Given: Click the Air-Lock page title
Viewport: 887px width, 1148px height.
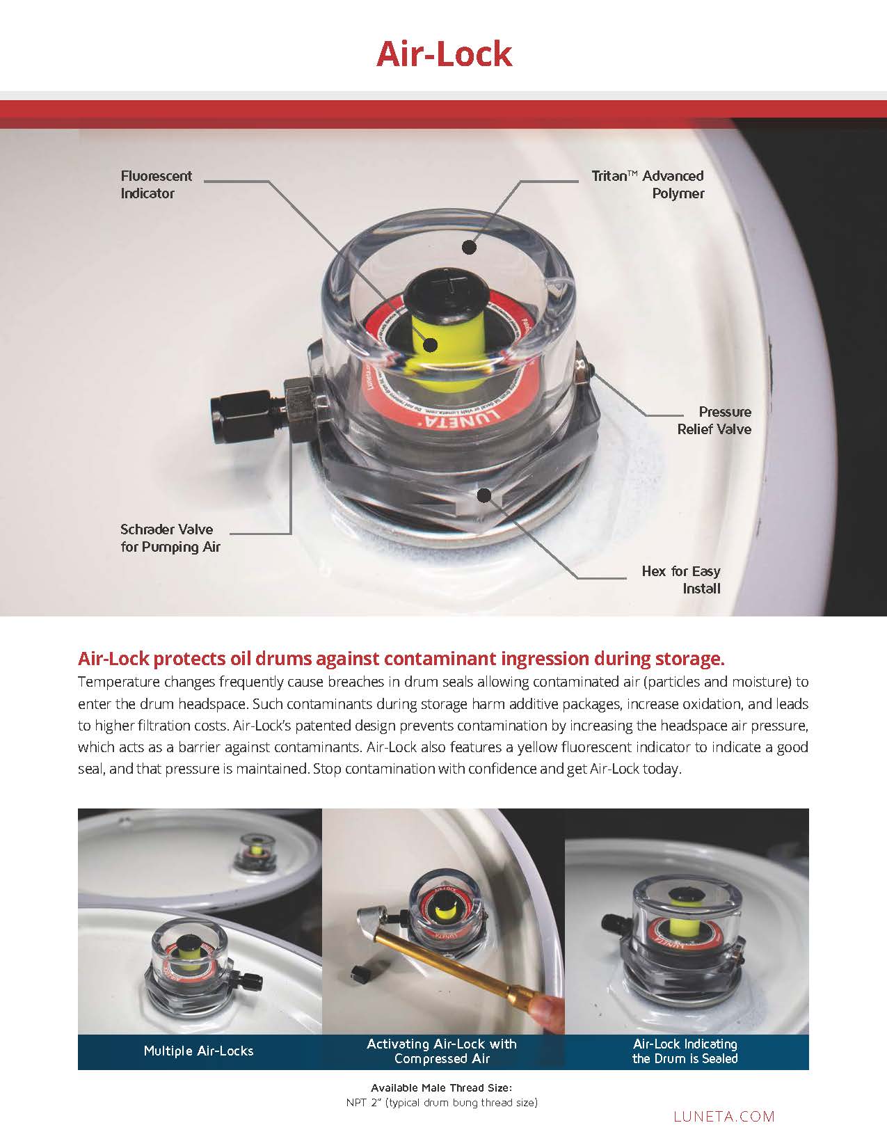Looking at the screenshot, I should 444,54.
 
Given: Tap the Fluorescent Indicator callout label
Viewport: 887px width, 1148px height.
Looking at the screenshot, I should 156,184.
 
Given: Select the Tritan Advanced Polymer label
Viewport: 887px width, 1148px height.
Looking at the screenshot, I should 648,184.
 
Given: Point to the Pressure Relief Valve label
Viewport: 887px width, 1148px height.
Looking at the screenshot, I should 714,420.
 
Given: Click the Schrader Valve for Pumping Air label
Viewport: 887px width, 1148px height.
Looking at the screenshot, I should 170,538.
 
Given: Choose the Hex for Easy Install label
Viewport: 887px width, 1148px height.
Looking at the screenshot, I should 681,580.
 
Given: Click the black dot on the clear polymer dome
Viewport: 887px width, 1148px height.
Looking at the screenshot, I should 470,246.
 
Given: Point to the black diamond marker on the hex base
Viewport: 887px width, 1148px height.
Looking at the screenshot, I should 484,495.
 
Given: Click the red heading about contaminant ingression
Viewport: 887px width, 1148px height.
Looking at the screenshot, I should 402,657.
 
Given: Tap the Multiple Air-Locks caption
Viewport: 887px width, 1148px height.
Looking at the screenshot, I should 198,1051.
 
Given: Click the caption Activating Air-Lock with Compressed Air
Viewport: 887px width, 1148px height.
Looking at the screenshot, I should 442,1051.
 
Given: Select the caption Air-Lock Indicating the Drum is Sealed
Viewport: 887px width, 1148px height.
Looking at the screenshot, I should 685,1051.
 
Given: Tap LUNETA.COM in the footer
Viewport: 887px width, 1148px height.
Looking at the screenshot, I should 724,1116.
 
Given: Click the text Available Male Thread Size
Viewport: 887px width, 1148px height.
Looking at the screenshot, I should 442,1087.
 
